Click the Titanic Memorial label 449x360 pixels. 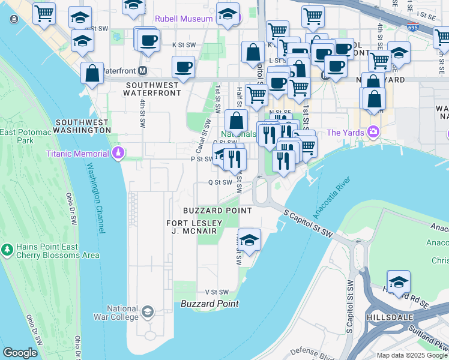tap(79, 154)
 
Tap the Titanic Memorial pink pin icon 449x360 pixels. tap(118, 154)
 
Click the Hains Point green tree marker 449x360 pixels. tap(7, 248)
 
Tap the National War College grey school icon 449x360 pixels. tap(148, 312)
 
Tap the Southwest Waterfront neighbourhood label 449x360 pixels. tap(153, 89)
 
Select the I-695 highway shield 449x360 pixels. tap(412, 28)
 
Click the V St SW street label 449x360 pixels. tap(217, 292)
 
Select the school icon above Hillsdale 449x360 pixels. tap(398, 282)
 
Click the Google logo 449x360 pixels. tap(20, 353)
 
